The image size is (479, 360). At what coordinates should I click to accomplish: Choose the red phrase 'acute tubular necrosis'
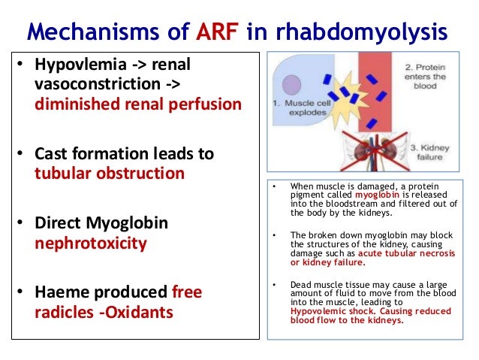pyautogui.click(x=405, y=254)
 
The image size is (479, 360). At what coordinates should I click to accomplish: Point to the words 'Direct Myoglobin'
pyautogui.click(x=102, y=223)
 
